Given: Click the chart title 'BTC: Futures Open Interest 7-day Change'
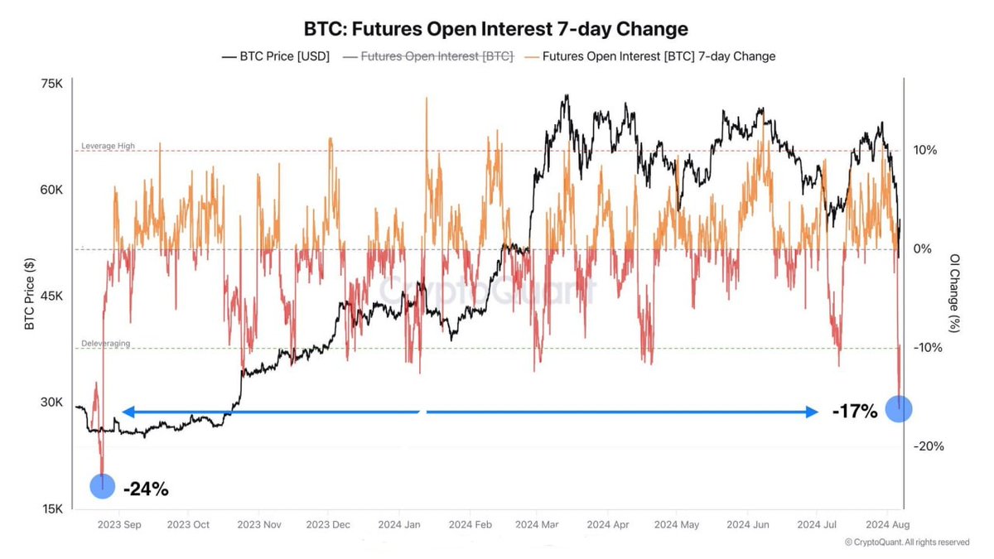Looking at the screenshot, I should pyautogui.click(x=496, y=29).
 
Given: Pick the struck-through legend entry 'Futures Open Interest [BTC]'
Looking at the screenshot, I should pyautogui.click(x=428, y=56).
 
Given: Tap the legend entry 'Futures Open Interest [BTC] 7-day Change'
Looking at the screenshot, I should pyautogui.click(x=650, y=56).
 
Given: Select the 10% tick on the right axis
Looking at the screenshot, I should pyautogui.click(x=925, y=150).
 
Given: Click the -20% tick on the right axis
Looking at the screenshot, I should pyautogui.click(x=928, y=446).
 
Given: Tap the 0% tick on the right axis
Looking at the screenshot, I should pyautogui.click(x=923, y=248).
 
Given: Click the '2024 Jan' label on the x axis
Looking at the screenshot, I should pyautogui.click(x=401, y=525).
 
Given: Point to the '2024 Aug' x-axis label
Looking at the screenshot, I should pyautogui.click(x=888, y=525).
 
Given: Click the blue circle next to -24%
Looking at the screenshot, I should pyautogui.click(x=103, y=486).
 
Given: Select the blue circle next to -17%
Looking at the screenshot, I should pyautogui.click(x=899, y=408).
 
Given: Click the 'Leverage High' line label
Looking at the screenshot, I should pyautogui.click(x=108, y=147).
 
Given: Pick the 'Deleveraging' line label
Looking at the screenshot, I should pyautogui.click(x=105, y=343).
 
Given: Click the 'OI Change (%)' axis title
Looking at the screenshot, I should pyautogui.click(x=955, y=293).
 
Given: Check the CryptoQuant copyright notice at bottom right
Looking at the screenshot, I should pyautogui.click(x=906, y=542).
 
